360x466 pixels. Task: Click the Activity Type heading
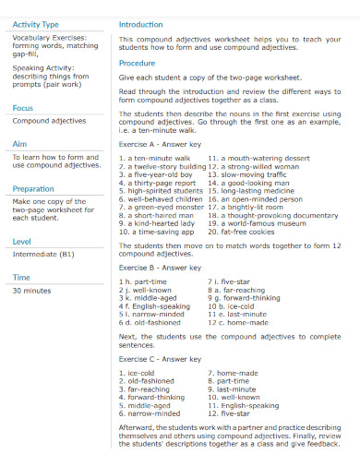pos(35,24)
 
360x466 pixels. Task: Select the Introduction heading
pos(141,24)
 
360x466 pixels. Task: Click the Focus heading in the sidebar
pos(23,108)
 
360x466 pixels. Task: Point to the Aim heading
pos(19,144)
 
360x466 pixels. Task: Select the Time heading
pos(21,277)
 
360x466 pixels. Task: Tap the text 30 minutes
pos(32,290)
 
